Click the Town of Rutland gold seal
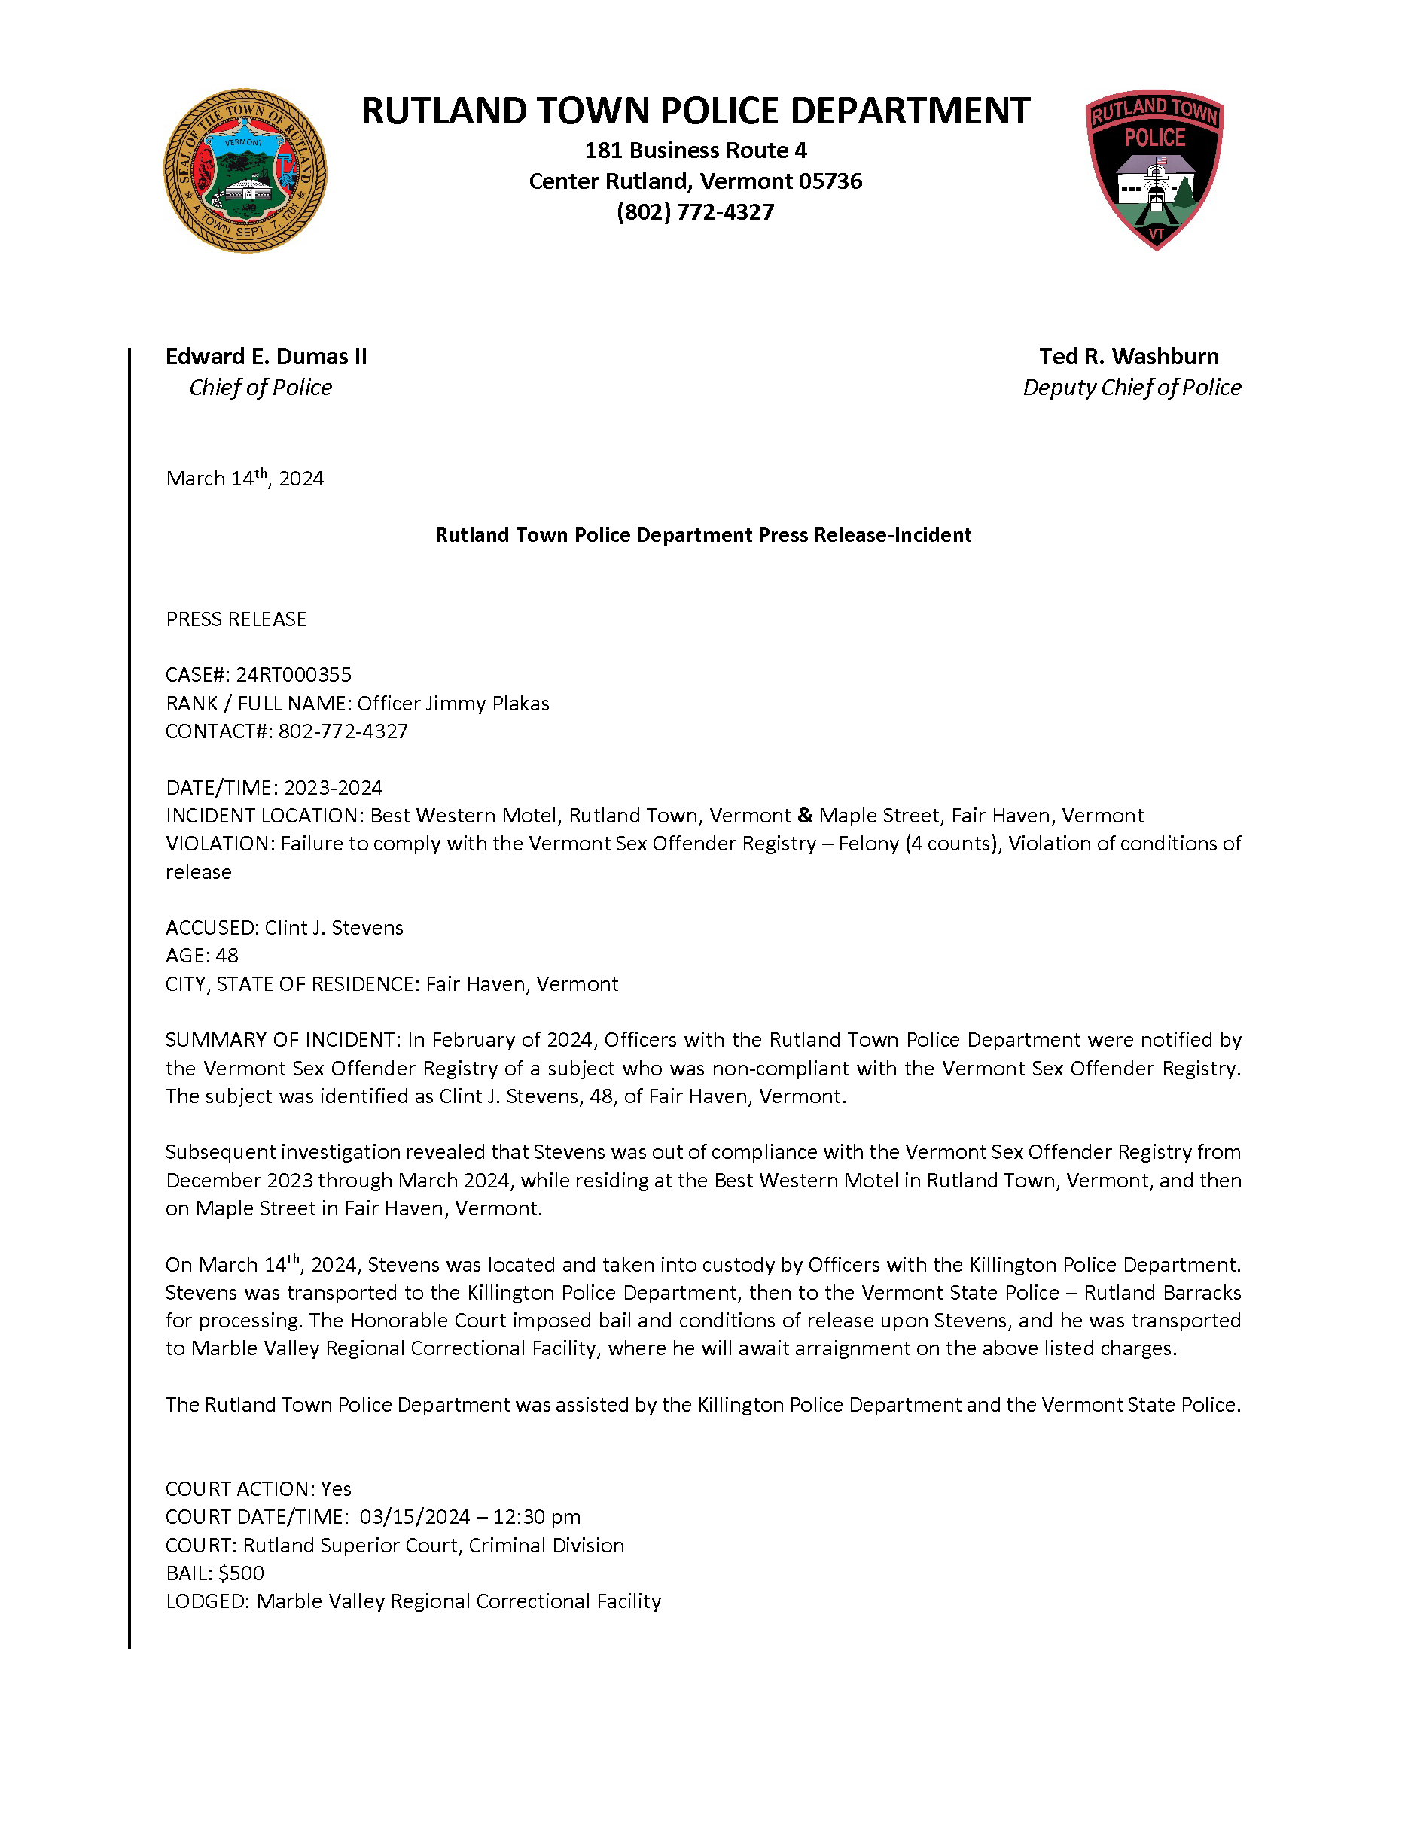coord(245,171)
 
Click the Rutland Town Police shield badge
coord(1154,169)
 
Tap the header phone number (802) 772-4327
coord(695,211)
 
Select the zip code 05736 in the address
coord(830,181)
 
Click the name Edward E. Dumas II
coord(265,356)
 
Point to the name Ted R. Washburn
coord(1129,356)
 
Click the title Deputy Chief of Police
coord(1131,387)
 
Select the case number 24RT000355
coord(294,674)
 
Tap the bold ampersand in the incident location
coord(804,815)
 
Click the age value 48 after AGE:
coord(227,956)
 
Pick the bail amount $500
coord(241,1573)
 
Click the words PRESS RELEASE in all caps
coord(236,619)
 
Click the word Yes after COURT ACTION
coord(336,1489)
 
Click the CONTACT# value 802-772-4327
coord(343,731)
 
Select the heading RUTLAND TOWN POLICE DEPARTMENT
coord(695,111)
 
